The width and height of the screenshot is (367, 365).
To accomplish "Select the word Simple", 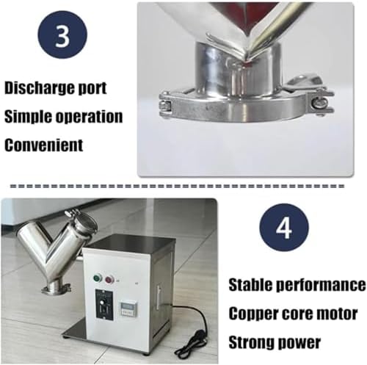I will pyautogui.click(x=29, y=115).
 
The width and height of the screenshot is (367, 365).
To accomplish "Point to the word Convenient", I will pyautogui.click(x=43, y=144).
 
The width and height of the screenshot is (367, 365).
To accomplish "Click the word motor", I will pyautogui.click(x=338, y=313).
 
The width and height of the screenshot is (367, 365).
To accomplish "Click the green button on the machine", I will pyautogui.click(x=98, y=278).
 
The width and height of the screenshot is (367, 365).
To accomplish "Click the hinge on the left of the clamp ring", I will pyautogui.click(x=166, y=104).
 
